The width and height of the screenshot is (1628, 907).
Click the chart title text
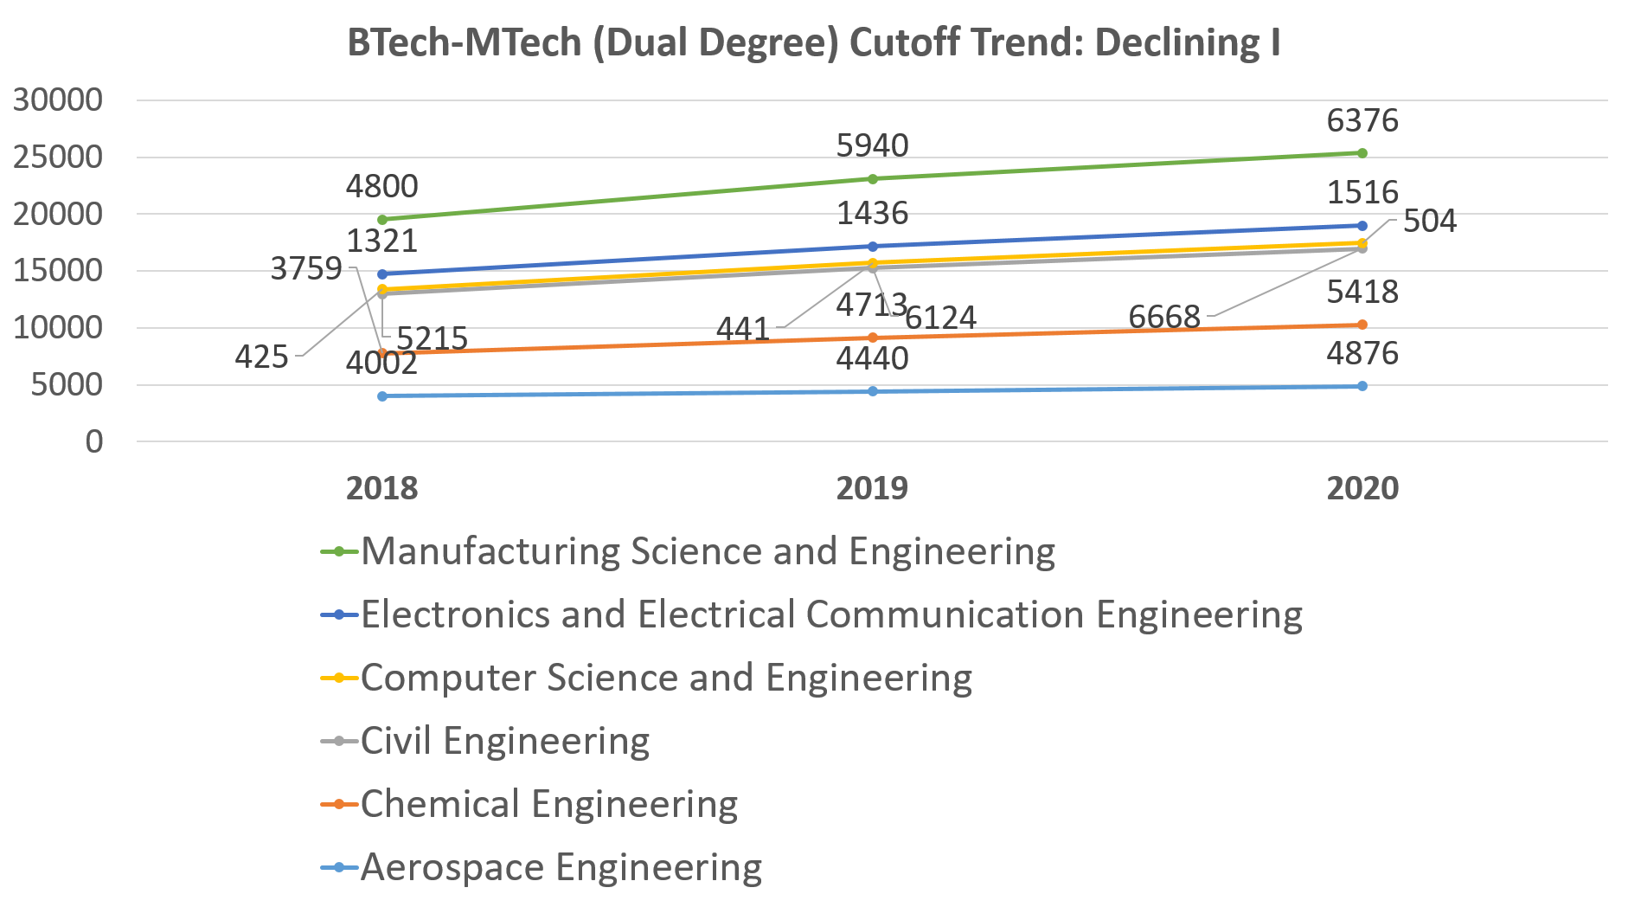813,42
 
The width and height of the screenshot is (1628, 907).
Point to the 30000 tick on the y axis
58,100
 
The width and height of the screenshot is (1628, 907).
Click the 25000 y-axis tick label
58,158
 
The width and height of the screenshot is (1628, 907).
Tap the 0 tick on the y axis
93,441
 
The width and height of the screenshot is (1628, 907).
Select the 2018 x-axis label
381,488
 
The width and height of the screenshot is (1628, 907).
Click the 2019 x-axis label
872,488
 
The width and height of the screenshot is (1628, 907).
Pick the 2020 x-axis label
1362,488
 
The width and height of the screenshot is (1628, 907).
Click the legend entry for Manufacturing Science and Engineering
707,551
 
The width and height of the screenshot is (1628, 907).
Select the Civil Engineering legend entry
504,741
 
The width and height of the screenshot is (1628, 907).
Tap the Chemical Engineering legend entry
548,804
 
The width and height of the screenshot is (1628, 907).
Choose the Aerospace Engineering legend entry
561,867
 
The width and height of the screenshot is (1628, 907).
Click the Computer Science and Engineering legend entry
666,678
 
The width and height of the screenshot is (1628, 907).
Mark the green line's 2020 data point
1362,153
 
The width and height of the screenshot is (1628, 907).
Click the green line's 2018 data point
382,220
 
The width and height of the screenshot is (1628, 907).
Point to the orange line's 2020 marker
1362,325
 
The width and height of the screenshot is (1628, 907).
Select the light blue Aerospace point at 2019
872,391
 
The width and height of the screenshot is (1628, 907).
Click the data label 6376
1362,121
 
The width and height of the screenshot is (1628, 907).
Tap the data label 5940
872,145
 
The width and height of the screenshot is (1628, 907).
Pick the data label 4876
1362,354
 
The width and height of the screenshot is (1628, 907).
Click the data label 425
261,357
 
